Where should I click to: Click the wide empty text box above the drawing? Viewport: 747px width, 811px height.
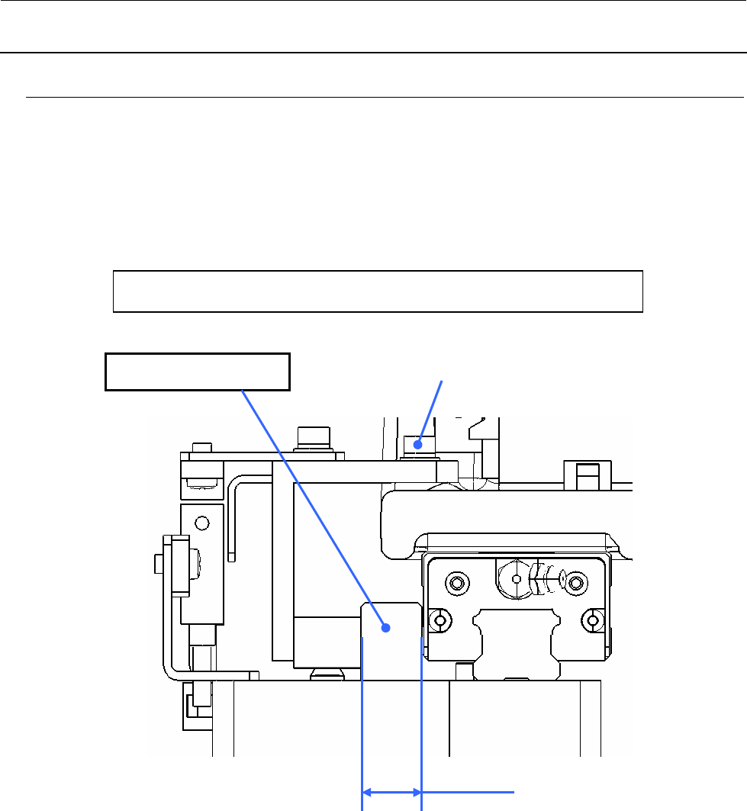378,291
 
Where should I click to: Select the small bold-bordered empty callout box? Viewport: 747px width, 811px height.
197,372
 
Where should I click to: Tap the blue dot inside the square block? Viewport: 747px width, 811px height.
387,628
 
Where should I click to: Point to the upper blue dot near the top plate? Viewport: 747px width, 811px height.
417,442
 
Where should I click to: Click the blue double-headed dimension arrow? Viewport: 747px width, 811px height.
391,792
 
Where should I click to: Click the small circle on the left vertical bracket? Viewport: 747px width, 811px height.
201,523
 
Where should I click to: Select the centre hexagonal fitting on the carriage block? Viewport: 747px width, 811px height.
517,579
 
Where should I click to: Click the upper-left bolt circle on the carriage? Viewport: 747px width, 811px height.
457,584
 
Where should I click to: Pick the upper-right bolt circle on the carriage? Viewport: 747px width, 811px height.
577,584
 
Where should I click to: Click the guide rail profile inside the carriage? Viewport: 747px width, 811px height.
517,641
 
